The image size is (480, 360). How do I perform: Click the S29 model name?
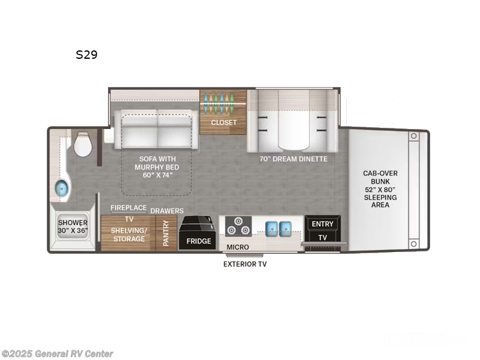coord(86,55)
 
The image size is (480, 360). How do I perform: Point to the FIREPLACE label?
coord(128,208)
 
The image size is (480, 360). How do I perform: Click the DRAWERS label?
coord(167,211)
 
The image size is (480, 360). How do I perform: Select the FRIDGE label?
coord(199,241)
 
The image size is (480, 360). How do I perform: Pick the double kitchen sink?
coord(278,227)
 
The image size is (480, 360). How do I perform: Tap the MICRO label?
coord(238,247)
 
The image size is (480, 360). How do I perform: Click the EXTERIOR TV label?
coord(245,264)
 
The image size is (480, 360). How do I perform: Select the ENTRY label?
coord(322,224)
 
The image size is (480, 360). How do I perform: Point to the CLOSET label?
coord(224,122)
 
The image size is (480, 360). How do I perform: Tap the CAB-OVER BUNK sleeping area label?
coord(380,189)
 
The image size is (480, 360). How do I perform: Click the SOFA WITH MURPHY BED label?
coord(158,167)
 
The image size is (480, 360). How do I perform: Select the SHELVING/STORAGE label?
coord(128,235)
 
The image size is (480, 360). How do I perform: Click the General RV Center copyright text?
coord(58,354)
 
